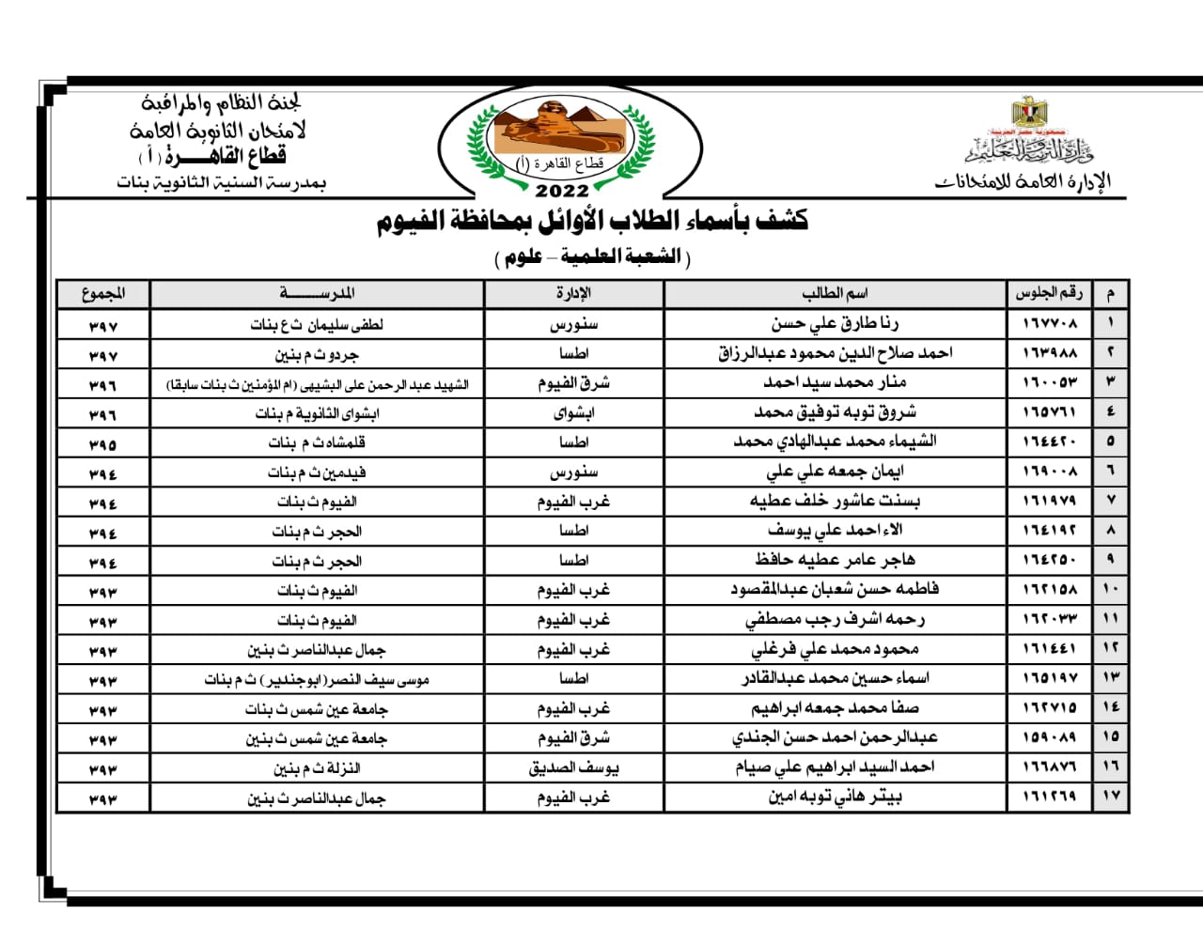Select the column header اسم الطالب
pos(835,293)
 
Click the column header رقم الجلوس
pos(1049,293)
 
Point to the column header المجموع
pos(103,293)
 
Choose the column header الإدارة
pos(573,293)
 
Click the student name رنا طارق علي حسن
pos(835,324)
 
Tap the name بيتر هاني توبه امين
pos(835,797)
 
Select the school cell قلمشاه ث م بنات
pos(317,442)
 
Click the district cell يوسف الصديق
pos(573,768)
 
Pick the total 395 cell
pos(103,442)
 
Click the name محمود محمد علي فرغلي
pos(835,649)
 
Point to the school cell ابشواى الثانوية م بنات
pos(317,413)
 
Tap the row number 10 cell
pos(1110,590)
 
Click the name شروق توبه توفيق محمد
pos(835,412)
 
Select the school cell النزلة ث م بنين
pos(317,768)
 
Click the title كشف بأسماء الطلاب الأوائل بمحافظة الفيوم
pos(592,223)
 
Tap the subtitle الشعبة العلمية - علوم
pos(592,256)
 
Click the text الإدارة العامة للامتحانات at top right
pos(1023,181)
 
